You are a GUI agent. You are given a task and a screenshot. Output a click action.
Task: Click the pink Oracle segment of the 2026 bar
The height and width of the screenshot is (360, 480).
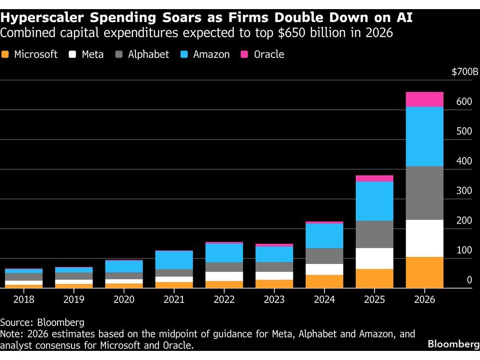pyautogui.click(x=424, y=99)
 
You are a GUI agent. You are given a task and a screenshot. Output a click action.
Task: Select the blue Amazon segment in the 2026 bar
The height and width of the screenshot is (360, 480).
pyautogui.click(x=424, y=137)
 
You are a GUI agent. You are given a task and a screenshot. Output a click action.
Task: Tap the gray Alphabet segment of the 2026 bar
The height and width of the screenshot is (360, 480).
pyautogui.click(x=424, y=193)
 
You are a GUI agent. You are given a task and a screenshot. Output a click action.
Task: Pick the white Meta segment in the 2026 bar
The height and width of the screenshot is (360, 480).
pyautogui.click(x=424, y=239)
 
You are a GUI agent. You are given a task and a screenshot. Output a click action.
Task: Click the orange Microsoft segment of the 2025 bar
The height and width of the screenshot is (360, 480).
pyautogui.click(x=374, y=278)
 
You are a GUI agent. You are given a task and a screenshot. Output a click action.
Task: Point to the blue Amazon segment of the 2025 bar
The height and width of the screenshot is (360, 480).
pyautogui.click(x=374, y=201)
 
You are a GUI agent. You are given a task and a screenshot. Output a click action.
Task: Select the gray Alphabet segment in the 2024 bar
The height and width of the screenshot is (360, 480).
pyautogui.click(x=324, y=256)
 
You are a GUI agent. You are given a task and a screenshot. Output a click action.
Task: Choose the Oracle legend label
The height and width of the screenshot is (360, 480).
pyautogui.click(x=269, y=54)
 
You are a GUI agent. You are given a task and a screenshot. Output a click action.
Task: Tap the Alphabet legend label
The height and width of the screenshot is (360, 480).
pyautogui.click(x=148, y=54)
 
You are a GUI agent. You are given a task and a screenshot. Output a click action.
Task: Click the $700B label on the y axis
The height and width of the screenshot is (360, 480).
pyautogui.click(x=465, y=72)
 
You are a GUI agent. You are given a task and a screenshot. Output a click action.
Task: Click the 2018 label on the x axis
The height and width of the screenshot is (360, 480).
pyautogui.click(x=24, y=300)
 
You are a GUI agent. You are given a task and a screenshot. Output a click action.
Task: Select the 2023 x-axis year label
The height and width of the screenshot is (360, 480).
pyautogui.click(x=274, y=300)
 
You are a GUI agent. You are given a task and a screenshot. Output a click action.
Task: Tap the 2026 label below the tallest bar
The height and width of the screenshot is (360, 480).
pyautogui.click(x=424, y=300)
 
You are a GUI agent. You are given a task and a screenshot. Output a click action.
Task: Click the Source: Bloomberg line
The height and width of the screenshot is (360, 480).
pyautogui.click(x=42, y=322)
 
